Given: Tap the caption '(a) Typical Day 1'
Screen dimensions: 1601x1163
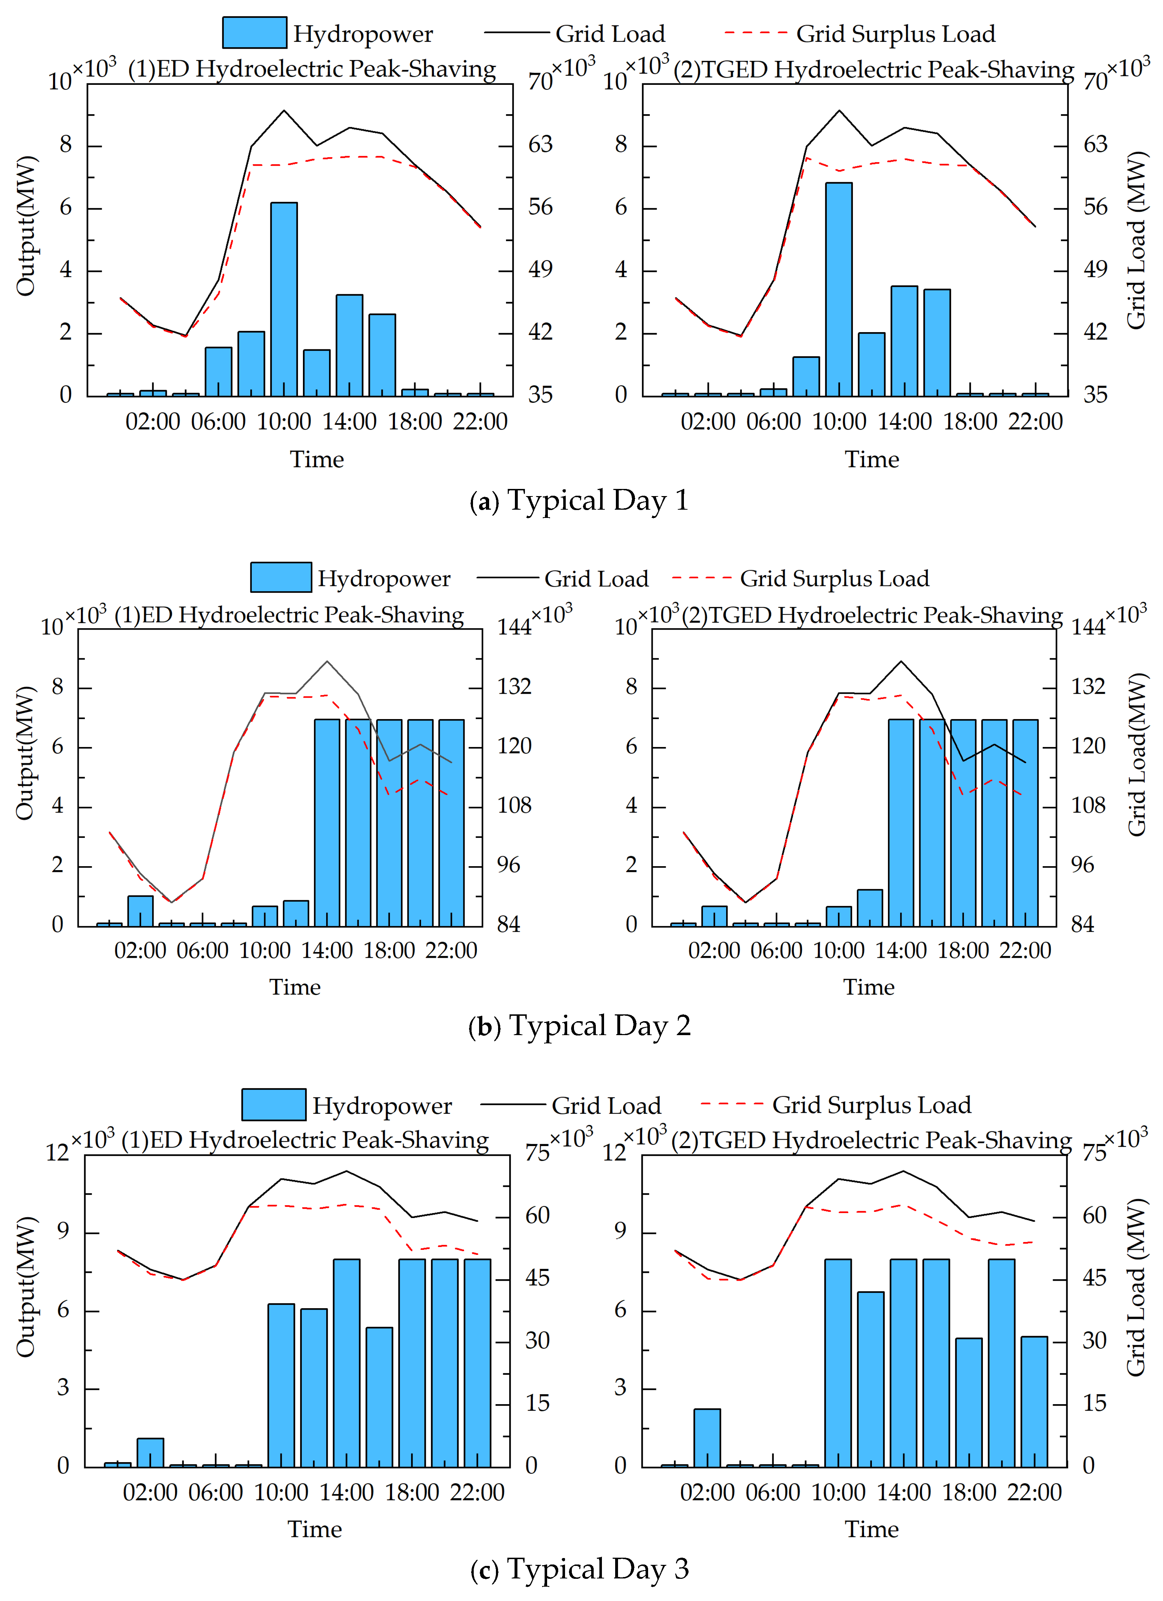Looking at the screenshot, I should (x=579, y=500).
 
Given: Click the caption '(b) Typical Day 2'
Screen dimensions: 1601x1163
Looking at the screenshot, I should (x=579, y=1026).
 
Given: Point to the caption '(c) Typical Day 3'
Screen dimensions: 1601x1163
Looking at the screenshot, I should (x=579, y=1568).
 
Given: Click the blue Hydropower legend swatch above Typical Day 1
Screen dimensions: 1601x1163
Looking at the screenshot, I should (x=254, y=33).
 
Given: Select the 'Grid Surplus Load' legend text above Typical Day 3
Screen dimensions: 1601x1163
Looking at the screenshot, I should (x=872, y=1105).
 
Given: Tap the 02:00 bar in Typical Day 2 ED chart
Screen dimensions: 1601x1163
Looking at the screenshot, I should (x=140, y=911).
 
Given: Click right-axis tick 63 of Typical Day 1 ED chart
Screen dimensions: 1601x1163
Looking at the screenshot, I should (x=540, y=145).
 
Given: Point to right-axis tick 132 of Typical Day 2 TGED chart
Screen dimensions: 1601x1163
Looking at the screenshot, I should (x=1087, y=686).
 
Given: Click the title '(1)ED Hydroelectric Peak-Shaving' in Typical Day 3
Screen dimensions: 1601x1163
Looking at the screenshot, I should (x=305, y=1140).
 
